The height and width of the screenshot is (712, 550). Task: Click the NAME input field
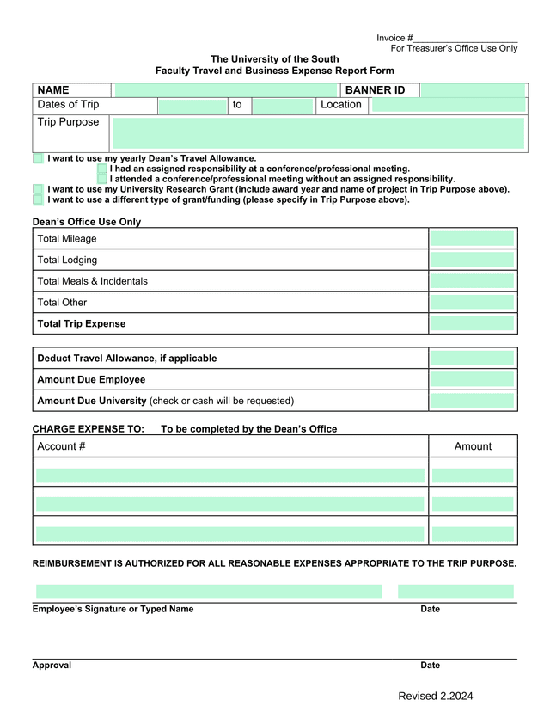point(227,90)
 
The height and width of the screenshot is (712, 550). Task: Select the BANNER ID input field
point(473,90)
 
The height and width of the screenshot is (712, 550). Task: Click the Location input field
point(448,105)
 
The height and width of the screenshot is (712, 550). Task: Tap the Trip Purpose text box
point(318,133)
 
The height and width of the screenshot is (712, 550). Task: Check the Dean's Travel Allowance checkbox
point(38,159)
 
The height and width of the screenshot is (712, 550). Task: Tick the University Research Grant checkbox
point(38,189)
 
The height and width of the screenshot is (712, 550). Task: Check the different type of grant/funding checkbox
point(38,199)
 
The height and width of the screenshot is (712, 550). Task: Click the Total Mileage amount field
point(472,239)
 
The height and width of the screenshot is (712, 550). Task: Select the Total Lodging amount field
point(472,260)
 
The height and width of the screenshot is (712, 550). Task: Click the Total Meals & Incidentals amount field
point(472,281)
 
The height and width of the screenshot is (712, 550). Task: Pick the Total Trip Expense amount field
point(472,324)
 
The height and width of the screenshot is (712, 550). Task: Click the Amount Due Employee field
point(472,379)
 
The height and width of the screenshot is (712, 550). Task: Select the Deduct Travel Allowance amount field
point(472,358)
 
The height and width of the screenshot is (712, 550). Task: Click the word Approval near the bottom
point(52,666)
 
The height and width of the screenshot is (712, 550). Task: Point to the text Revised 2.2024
point(435,697)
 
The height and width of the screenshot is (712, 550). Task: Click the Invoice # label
point(394,39)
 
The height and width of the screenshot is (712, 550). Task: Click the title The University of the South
point(274,59)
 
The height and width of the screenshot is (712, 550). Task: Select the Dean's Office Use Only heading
point(86,222)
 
